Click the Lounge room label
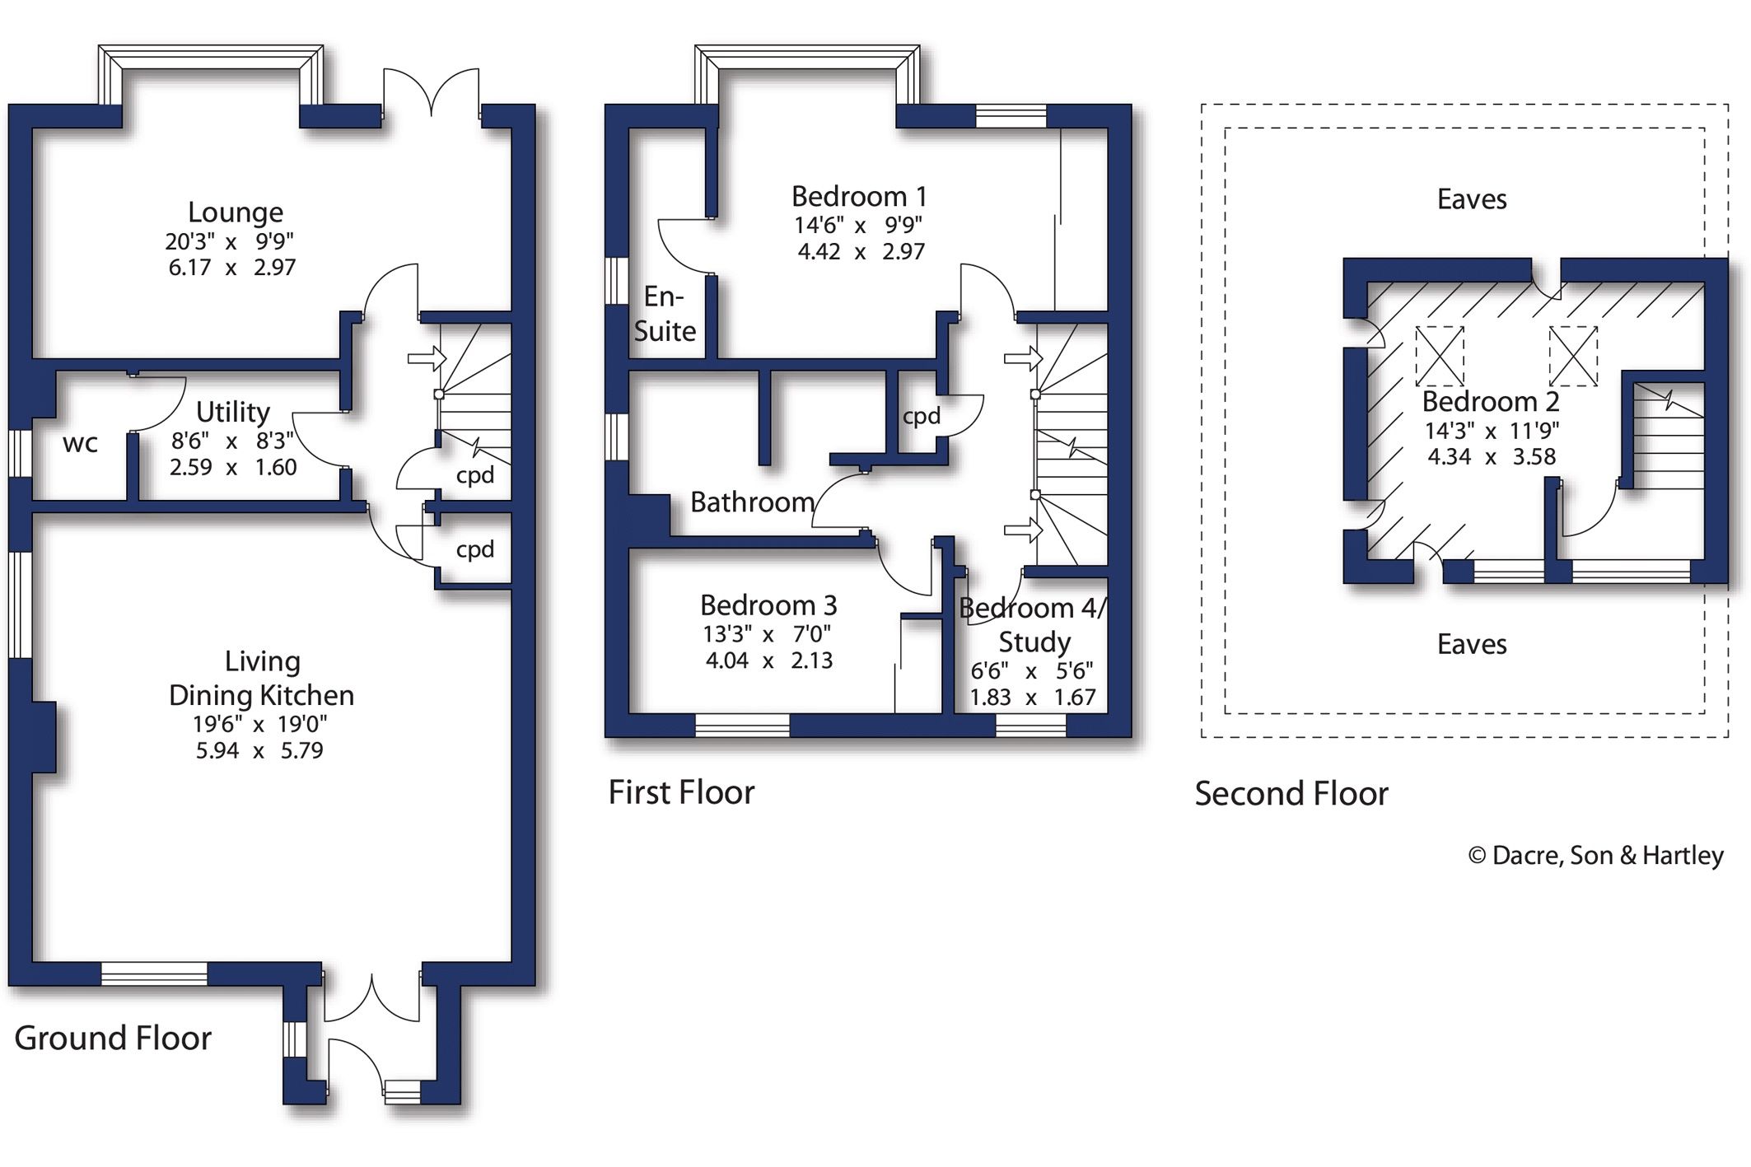point(236,212)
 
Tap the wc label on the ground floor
point(80,443)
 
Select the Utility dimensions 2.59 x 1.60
point(233,467)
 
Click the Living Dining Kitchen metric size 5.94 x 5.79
point(259,750)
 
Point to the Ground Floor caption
point(113,1038)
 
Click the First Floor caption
point(681,792)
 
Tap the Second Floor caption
point(1291,794)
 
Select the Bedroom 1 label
point(859,197)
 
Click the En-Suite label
point(665,314)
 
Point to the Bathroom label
point(752,502)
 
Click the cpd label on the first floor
point(921,417)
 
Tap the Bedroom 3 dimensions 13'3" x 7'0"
point(767,633)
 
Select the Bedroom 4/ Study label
point(1034,625)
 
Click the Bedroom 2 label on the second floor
point(1490,402)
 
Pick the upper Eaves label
point(1472,199)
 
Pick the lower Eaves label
point(1472,644)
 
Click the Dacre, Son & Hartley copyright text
point(1595,856)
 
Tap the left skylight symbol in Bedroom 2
point(1440,356)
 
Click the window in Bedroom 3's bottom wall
point(742,725)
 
